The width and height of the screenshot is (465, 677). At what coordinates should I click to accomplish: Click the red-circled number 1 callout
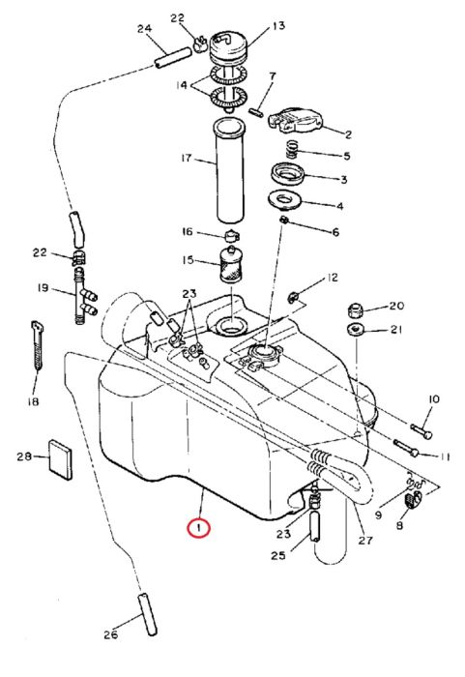pyautogui.click(x=198, y=528)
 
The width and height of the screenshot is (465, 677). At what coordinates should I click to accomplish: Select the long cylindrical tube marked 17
pyautogui.click(x=229, y=171)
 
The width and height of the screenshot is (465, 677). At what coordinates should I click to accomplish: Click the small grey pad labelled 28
pyautogui.click(x=60, y=459)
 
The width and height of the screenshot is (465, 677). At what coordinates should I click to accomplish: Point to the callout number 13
pyautogui.click(x=278, y=26)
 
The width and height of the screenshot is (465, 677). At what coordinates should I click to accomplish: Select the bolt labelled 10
pyautogui.click(x=421, y=430)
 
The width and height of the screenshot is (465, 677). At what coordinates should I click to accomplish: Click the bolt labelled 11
pyautogui.click(x=406, y=447)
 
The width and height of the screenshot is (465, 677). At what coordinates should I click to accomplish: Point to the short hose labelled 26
pyautogui.click(x=147, y=613)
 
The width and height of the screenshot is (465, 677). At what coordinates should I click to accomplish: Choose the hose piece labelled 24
pyautogui.click(x=173, y=58)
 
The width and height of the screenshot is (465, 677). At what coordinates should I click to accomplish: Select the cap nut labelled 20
pyautogui.click(x=355, y=309)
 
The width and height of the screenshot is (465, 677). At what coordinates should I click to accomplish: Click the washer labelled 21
pyautogui.click(x=355, y=330)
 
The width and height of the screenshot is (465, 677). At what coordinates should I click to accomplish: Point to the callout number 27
pyautogui.click(x=365, y=540)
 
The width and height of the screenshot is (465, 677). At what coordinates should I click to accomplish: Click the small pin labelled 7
pyautogui.click(x=257, y=112)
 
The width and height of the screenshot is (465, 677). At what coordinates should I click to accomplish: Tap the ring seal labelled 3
pyautogui.click(x=287, y=173)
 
